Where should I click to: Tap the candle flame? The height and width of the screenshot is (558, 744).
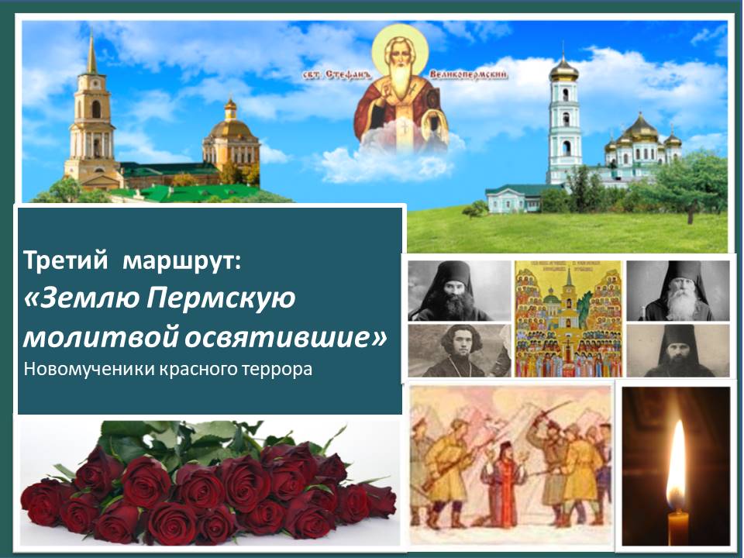click(x=676, y=465)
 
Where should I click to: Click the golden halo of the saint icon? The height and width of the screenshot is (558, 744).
click(x=400, y=46)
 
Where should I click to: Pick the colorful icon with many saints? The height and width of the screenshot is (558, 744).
click(x=568, y=318)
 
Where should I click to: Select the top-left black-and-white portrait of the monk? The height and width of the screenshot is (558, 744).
click(x=459, y=291)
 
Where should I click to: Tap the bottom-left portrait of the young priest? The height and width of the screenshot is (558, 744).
click(x=459, y=350)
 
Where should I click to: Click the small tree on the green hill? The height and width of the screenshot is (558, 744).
click(x=475, y=208)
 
